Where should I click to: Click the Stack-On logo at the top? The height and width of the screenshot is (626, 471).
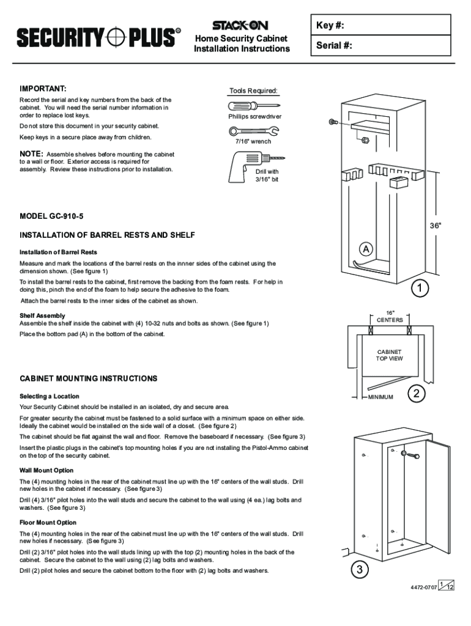241,26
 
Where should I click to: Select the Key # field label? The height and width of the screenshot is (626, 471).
330,26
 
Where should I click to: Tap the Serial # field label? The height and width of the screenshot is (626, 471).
334,46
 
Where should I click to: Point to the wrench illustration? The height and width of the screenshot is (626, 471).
253,130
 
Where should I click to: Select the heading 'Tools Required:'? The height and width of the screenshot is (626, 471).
253,91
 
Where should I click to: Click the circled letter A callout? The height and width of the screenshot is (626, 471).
365,249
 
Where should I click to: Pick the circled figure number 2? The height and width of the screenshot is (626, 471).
417,394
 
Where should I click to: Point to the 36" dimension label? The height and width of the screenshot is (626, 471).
435,226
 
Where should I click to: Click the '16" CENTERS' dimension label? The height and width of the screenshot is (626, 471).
390,316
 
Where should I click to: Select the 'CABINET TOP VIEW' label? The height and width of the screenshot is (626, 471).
389,355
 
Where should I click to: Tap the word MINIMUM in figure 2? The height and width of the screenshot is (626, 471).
380,397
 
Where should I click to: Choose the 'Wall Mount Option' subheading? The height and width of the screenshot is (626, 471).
46,470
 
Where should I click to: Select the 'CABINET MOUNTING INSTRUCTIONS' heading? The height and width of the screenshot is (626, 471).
89,378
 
